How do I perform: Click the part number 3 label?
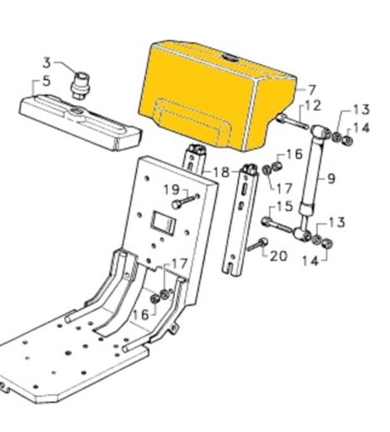pyautogui.click(x=46, y=62)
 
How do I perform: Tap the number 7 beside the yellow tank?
pyautogui.click(x=312, y=90)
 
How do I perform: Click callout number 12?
pyautogui.click(x=312, y=106)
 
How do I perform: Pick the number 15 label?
pyautogui.click(x=284, y=206)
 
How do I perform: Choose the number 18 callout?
pyautogui.click(x=220, y=172)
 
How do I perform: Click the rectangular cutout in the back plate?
pyautogui.click(x=162, y=223)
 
